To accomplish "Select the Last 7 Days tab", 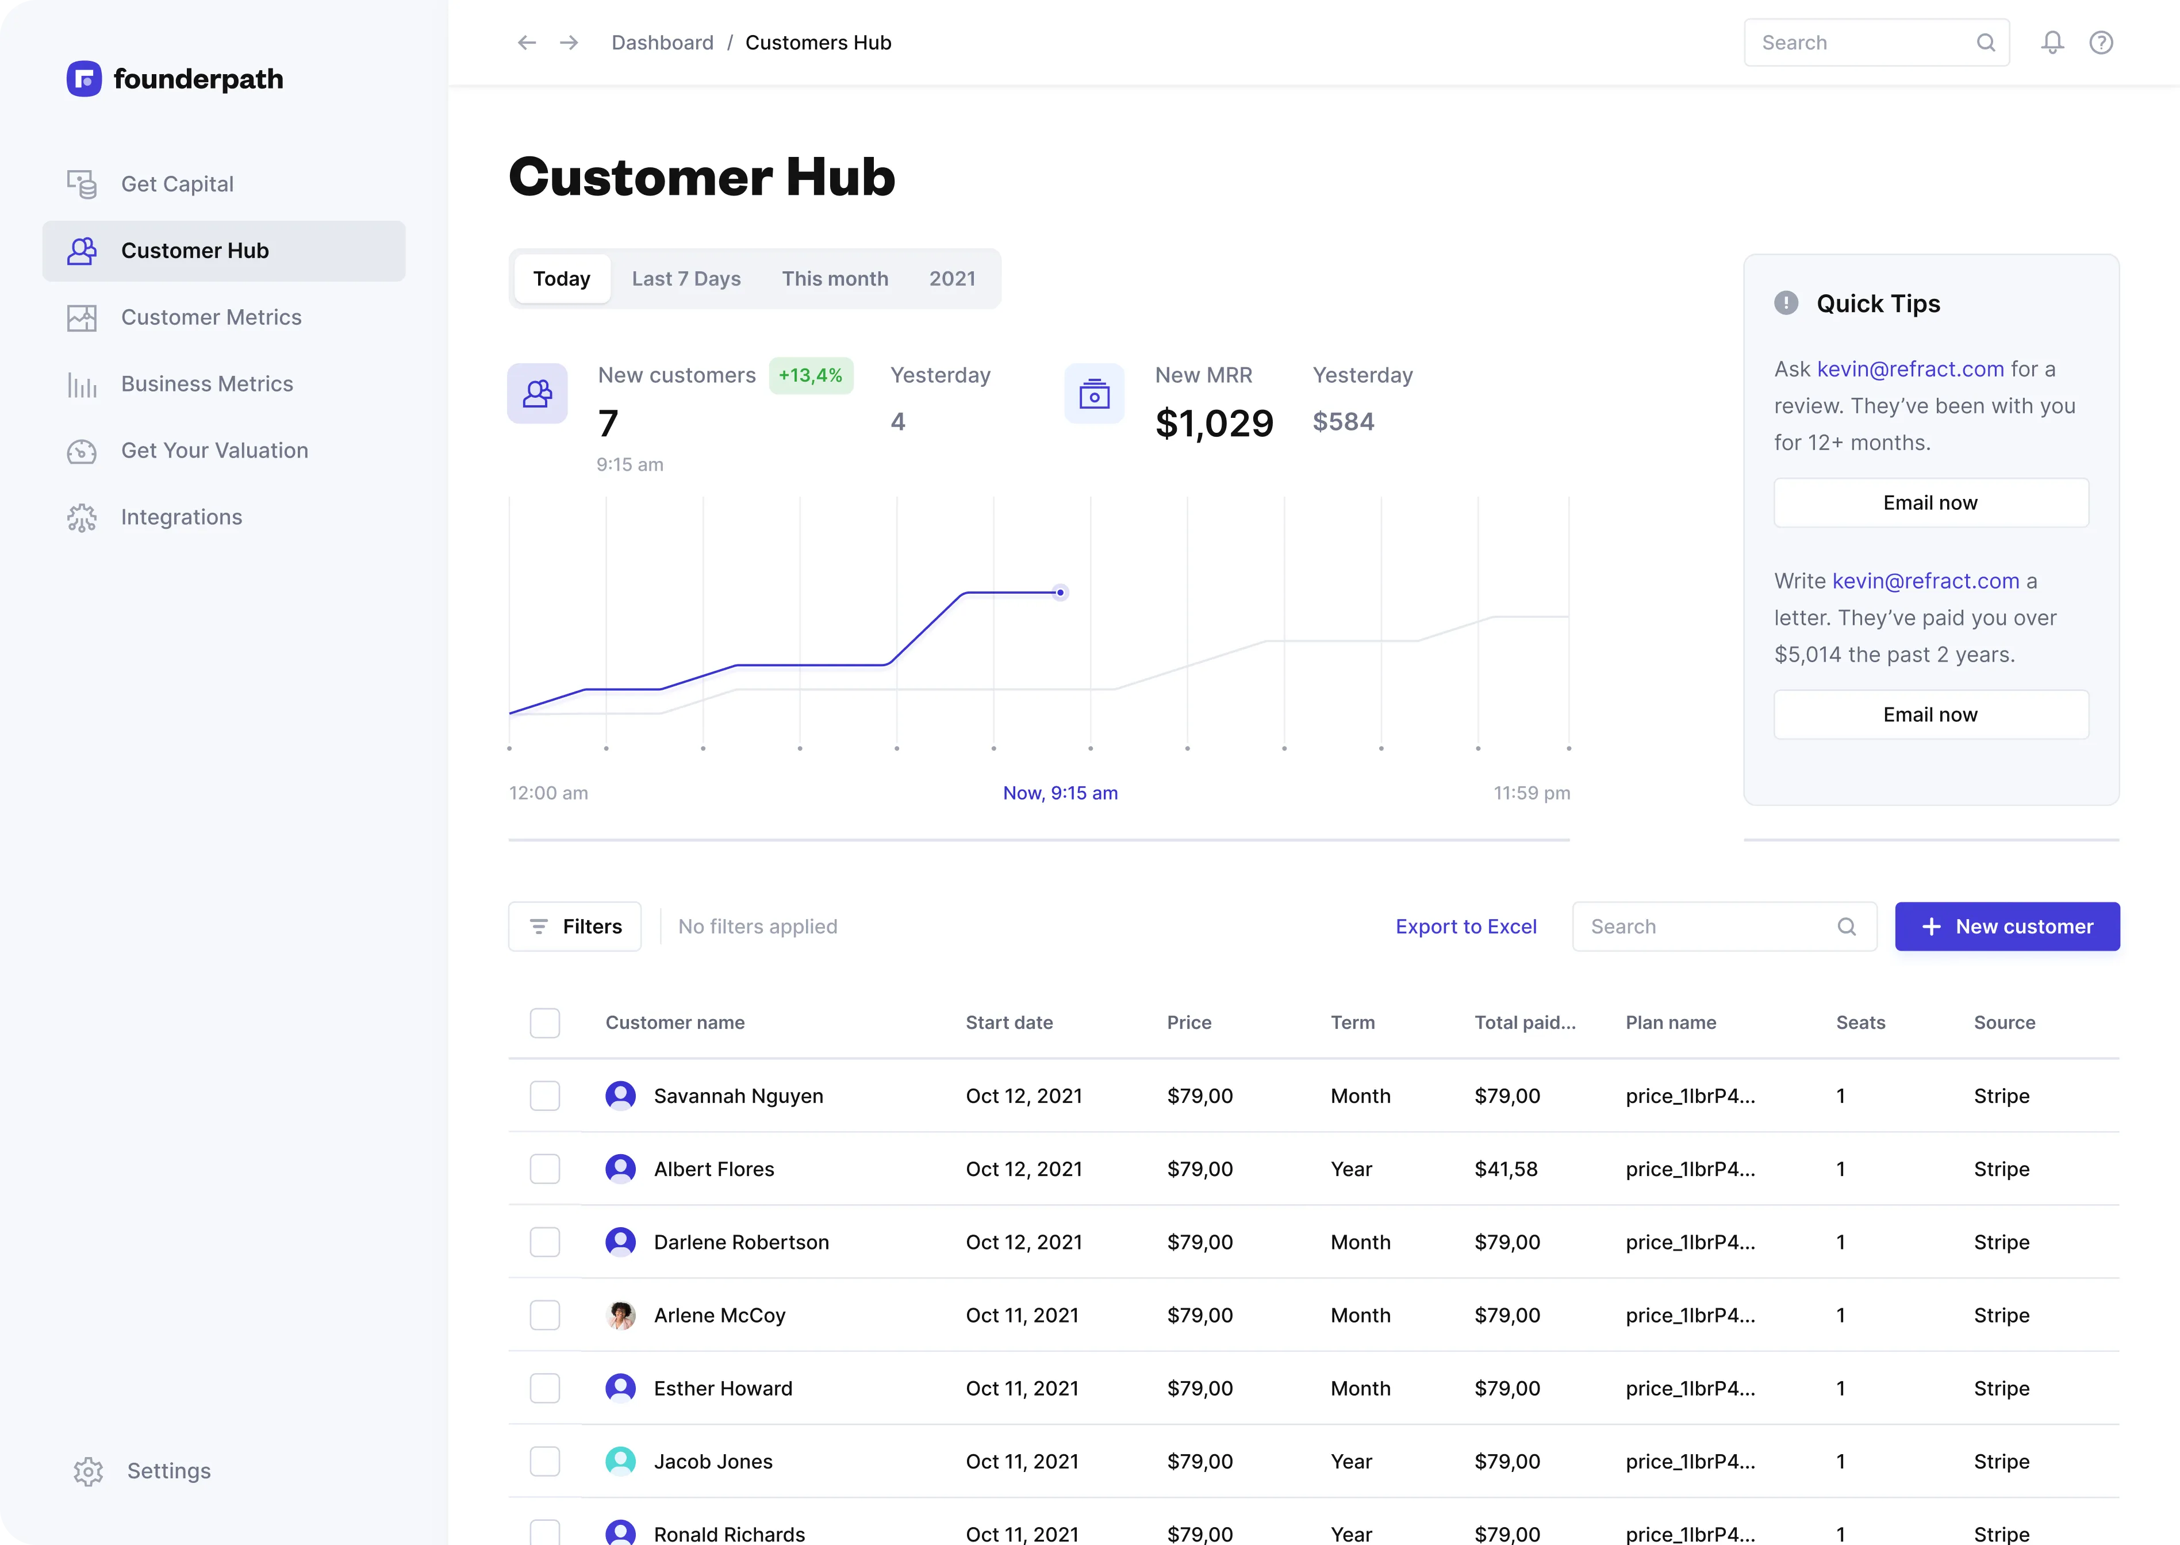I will click(686, 279).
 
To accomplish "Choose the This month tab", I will click(835, 279).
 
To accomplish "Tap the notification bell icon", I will click(2052, 43).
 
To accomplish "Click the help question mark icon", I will click(2101, 43).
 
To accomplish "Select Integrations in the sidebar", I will click(181, 517).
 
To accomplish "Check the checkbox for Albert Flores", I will click(544, 1169).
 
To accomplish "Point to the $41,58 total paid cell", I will click(1505, 1169).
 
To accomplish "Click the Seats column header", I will click(1859, 1023).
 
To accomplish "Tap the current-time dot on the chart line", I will click(1060, 593).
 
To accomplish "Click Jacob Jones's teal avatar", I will click(620, 1461).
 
